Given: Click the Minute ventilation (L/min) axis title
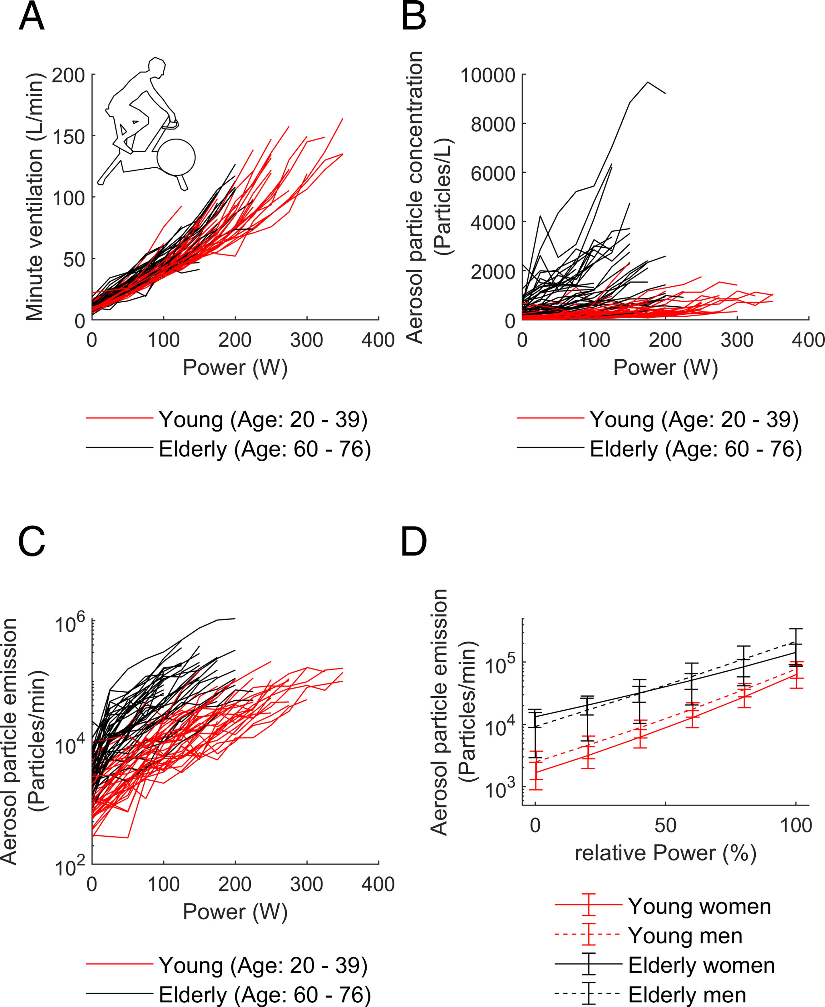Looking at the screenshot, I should (x=34, y=197).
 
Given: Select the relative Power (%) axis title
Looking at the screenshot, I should (x=665, y=853).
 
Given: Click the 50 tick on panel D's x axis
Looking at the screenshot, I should (x=665, y=825).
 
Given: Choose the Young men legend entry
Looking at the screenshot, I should (x=685, y=936).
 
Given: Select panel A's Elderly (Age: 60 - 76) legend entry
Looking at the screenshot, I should (x=264, y=449).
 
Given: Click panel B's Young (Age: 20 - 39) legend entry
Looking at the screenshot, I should (x=694, y=419).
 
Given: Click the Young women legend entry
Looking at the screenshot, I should (x=699, y=906).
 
